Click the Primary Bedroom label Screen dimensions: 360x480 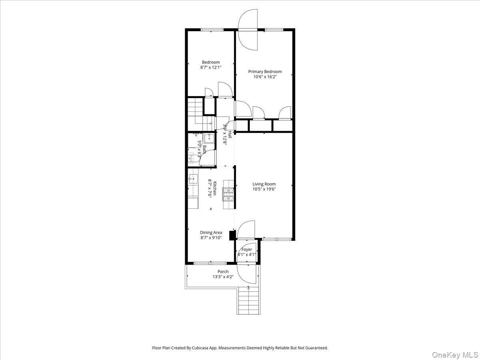265,72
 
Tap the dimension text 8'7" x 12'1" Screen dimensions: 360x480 211,68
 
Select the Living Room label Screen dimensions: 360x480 264,184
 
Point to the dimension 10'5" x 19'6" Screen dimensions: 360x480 264,189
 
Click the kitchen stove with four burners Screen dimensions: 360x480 228,194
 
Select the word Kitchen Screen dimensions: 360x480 215,188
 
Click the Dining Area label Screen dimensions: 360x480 211,232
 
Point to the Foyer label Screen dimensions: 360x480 247,250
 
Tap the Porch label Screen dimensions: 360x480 223,272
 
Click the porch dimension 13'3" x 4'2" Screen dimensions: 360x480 223,277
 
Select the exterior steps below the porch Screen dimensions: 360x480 248,300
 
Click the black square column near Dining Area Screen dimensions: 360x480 232,235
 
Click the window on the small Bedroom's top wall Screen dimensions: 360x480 212,29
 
